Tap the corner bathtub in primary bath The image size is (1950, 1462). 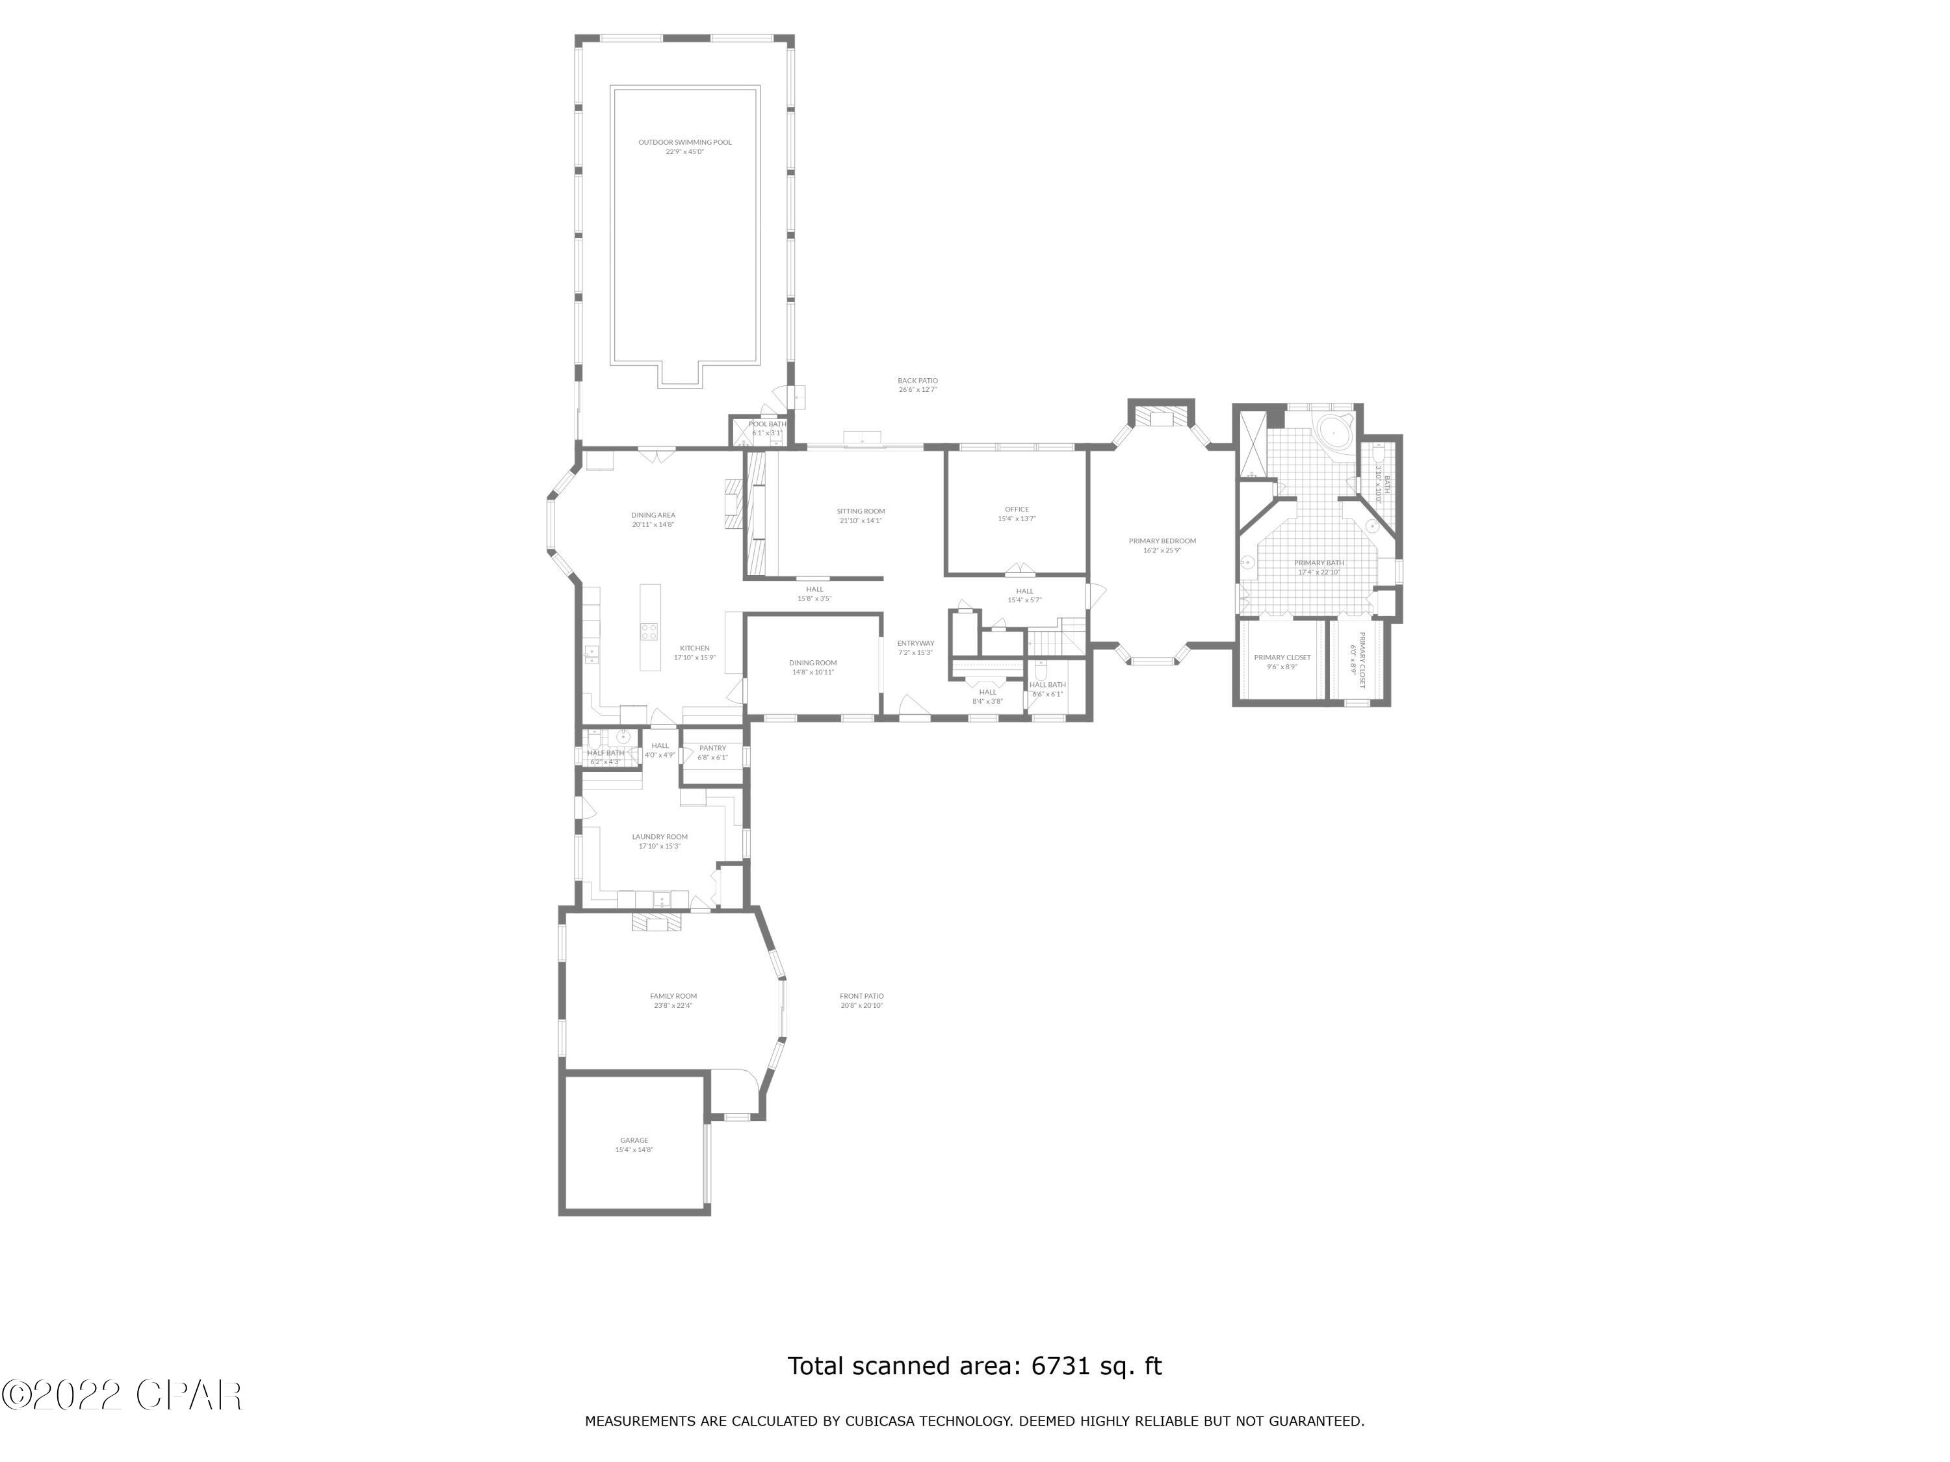tap(1334, 432)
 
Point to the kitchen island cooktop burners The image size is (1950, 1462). tap(649, 631)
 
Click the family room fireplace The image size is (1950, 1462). tap(656, 922)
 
